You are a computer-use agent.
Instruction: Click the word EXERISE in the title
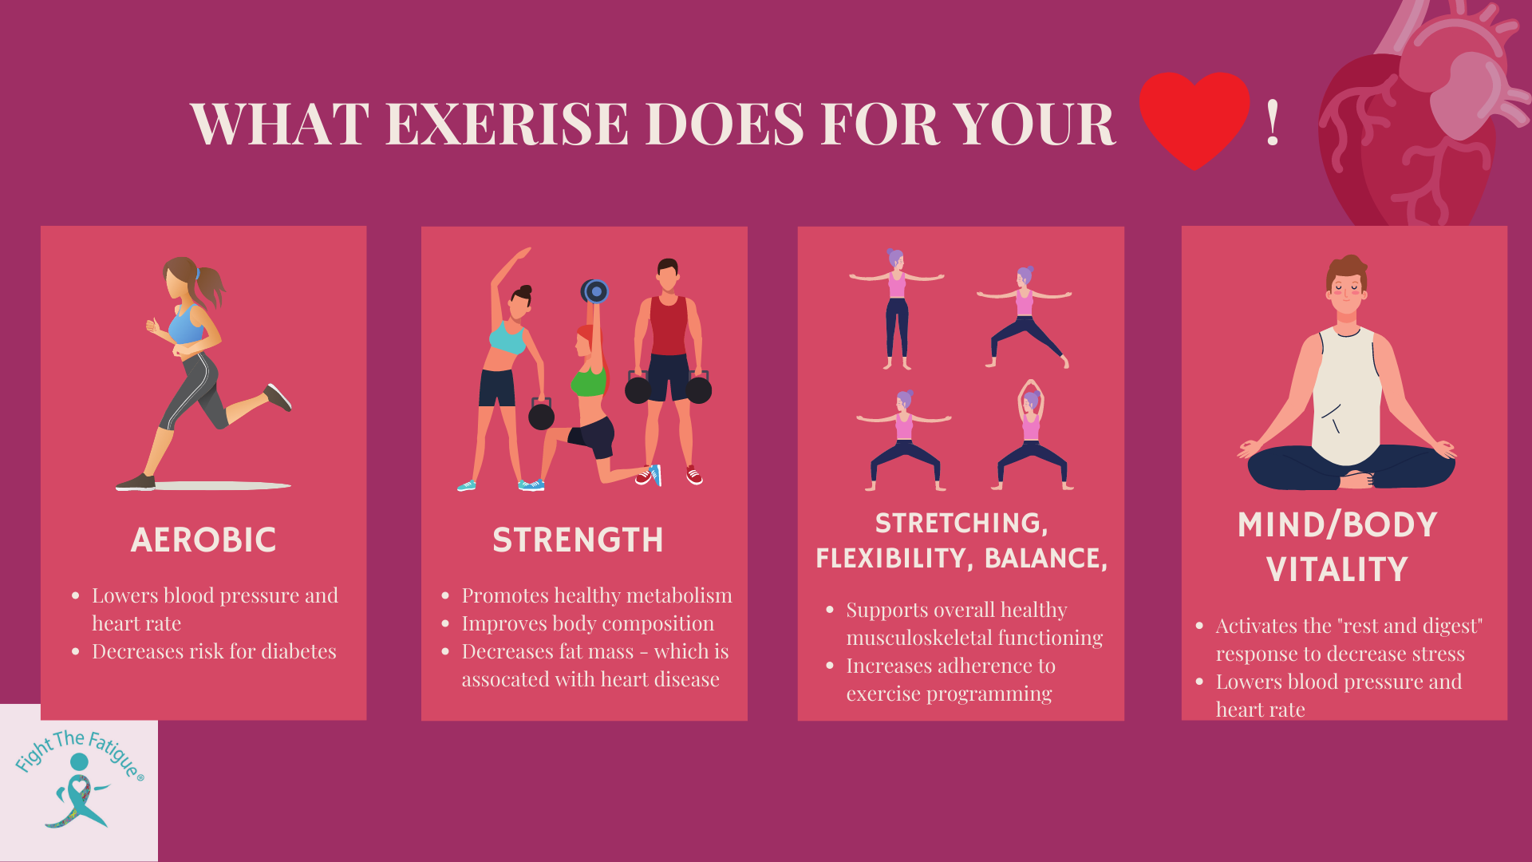tap(507, 125)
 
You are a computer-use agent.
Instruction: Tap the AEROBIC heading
tap(203, 540)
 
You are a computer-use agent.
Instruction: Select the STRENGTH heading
tap(578, 540)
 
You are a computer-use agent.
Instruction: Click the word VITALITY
tap(1337, 570)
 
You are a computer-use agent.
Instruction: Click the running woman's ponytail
tap(211, 286)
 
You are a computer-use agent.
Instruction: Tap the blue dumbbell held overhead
tap(595, 291)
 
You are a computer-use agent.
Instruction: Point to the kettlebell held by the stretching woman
tap(541, 415)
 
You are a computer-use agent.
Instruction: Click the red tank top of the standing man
tap(669, 326)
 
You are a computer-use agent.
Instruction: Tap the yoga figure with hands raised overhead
tap(1032, 435)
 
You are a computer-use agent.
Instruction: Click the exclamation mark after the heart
tap(1273, 124)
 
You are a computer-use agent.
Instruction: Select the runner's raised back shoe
tap(278, 397)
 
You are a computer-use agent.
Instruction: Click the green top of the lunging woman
tap(589, 382)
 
